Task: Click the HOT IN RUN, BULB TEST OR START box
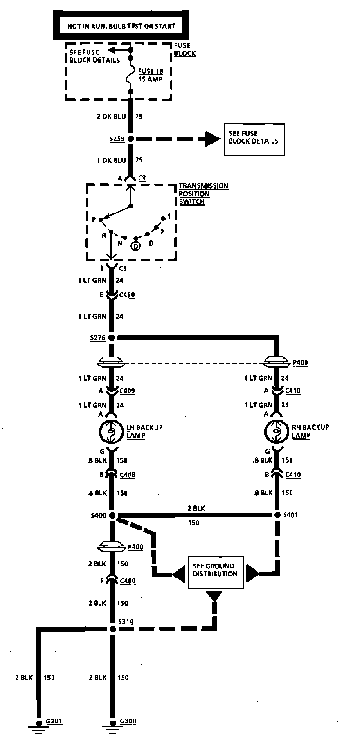[121, 26]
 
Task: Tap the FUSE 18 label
[151, 71]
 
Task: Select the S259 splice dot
[130, 139]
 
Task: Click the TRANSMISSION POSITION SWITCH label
[203, 193]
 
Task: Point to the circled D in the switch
[136, 246]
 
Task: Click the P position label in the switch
[94, 220]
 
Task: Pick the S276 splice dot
[111, 338]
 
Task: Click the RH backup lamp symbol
[277, 431]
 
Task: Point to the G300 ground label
[128, 721]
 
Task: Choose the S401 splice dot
[277, 515]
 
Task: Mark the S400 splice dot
[112, 516]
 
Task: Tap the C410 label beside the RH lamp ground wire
[292, 475]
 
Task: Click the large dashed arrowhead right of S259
[211, 139]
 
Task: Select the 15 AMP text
[150, 79]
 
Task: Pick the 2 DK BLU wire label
[111, 116]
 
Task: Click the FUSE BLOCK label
[184, 49]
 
